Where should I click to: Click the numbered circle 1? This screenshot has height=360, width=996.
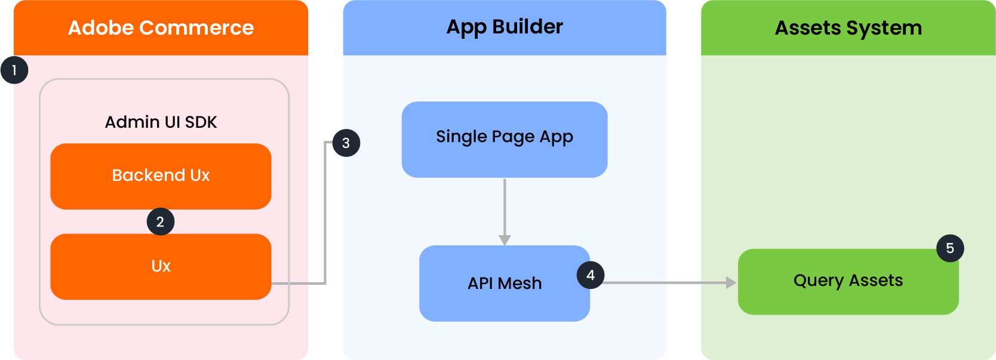pyautogui.click(x=14, y=70)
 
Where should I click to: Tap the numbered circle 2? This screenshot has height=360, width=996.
pyautogui.click(x=161, y=221)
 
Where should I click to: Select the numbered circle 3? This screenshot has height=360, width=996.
pyautogui.click(x=346, y=143)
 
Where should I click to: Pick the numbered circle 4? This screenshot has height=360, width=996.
pyautogui.click(x=591, y=275)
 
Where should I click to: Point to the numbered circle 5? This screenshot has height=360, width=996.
pyautogui.click(x=950, y=248)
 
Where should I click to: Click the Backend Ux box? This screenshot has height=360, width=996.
pyautogui.click(x=161, y=176)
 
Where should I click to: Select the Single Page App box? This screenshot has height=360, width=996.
pyautogui.click(x=505, y=140)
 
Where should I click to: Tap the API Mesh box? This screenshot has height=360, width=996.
pyautogui.click(x=505, y=283)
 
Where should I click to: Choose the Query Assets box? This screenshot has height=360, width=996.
pyautogui.click(x=849, y=282)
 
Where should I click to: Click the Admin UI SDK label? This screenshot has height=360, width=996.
pyautogui.click(x=161, y=122)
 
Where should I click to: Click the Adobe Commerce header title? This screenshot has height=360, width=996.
pyautogui.click(x=161, y=27)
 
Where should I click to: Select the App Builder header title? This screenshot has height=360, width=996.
pyautogui.click(x=505, y=27)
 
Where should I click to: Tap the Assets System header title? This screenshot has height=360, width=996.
pyautogui.click(x=849, y=28)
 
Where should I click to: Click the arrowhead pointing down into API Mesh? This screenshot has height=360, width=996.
pyautogui.click(x=505, y=240)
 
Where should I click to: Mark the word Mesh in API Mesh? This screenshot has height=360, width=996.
pyautogui.click(x=519, y=283)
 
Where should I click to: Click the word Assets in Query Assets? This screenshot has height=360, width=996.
pyautogui.click(x=876, y=281)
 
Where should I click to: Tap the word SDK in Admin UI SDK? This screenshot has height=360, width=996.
pyautogui.click(x=201, y=122)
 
